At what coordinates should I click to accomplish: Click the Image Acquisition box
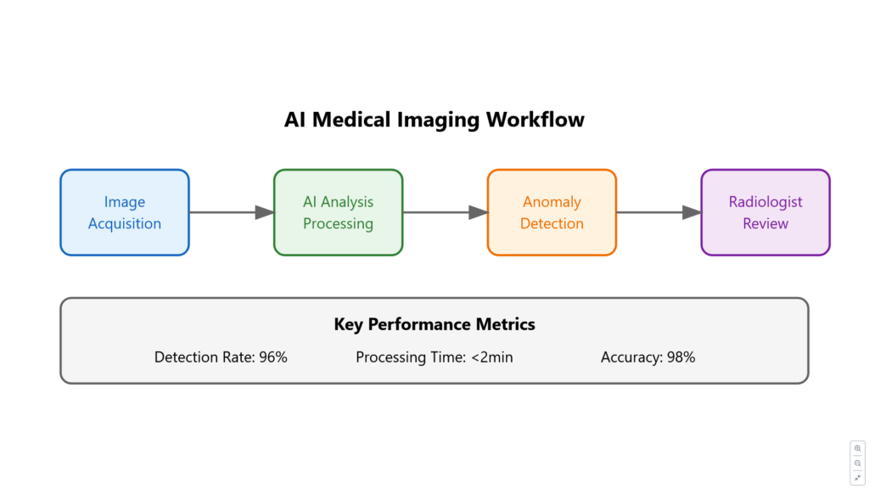[125, 212]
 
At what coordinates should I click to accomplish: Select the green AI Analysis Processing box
[338, 212]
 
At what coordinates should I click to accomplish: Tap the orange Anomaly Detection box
[552, 212]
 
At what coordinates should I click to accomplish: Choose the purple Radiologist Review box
[765, 212]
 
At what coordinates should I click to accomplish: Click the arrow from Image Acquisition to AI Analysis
[232, 212]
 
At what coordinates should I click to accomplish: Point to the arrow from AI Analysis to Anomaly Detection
[445, 212]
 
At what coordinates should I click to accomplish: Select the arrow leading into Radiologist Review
[659, 212]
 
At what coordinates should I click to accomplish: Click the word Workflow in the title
[535, 120]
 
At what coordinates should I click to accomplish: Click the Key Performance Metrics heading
[434, 324]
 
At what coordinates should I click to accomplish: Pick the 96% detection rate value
[273, 357]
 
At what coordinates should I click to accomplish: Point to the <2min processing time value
[492, 357]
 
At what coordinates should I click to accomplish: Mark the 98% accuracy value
[681, 357]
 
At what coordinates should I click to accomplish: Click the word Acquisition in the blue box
[125, 223]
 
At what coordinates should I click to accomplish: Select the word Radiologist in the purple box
[765, 202]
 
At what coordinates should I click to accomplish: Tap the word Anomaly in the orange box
[552, 202]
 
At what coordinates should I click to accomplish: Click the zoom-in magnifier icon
[857, 448]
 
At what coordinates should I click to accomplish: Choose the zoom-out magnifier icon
[857, 463]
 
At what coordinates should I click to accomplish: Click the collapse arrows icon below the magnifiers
[857, 477]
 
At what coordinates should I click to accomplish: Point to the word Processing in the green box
[338, 223]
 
